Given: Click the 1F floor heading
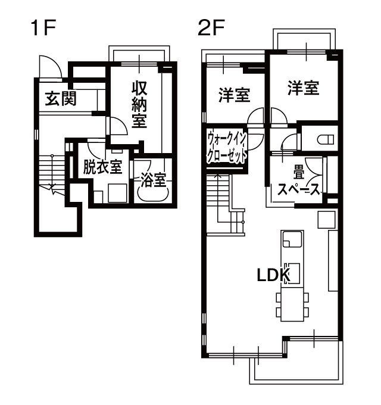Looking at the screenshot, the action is click(x=43, y=28).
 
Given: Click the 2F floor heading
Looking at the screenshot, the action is click(x=211, y=28).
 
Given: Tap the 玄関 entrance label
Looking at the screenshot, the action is click(x=61, y=98).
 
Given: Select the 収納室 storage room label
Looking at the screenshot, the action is click(x=139, y=104).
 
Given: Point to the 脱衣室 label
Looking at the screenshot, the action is click(x=102, y=167).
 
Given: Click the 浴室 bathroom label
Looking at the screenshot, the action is click(x=154, y=179).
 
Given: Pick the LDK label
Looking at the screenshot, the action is click(x=274, y=276).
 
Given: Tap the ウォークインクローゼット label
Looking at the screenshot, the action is click(x=227, y=147).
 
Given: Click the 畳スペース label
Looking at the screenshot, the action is click(x=299, y=182).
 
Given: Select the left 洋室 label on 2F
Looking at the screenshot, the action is click(x=235, y=95).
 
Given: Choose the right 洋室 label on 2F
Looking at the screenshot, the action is click(x=303, y=88).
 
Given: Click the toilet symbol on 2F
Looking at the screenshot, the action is click(x=325, y=140).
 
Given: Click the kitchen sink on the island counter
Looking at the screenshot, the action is click(x=292, y=239).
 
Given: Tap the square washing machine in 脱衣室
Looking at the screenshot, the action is click(x=117, y=193).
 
